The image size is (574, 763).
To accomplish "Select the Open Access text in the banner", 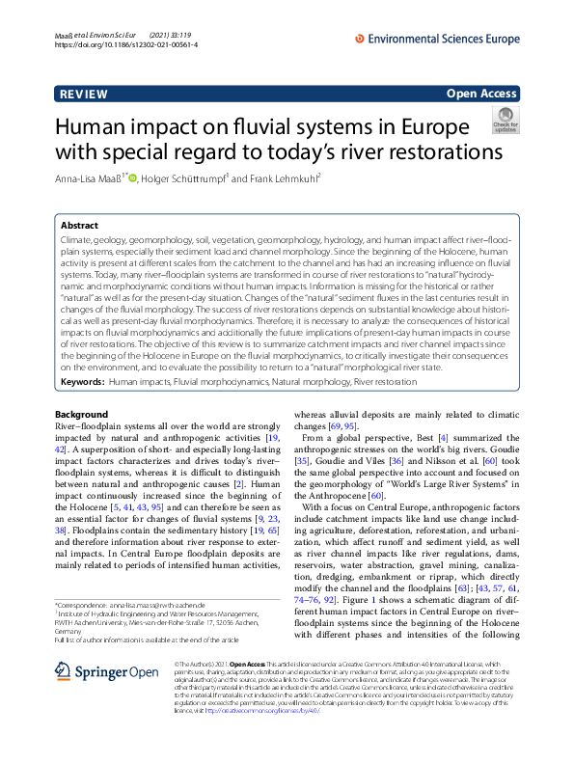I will pos(482,95).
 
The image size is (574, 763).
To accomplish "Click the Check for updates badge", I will pos(505,122).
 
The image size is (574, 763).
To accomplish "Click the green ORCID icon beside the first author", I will pos(133,177).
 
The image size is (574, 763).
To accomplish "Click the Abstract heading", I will pos(79,225).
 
